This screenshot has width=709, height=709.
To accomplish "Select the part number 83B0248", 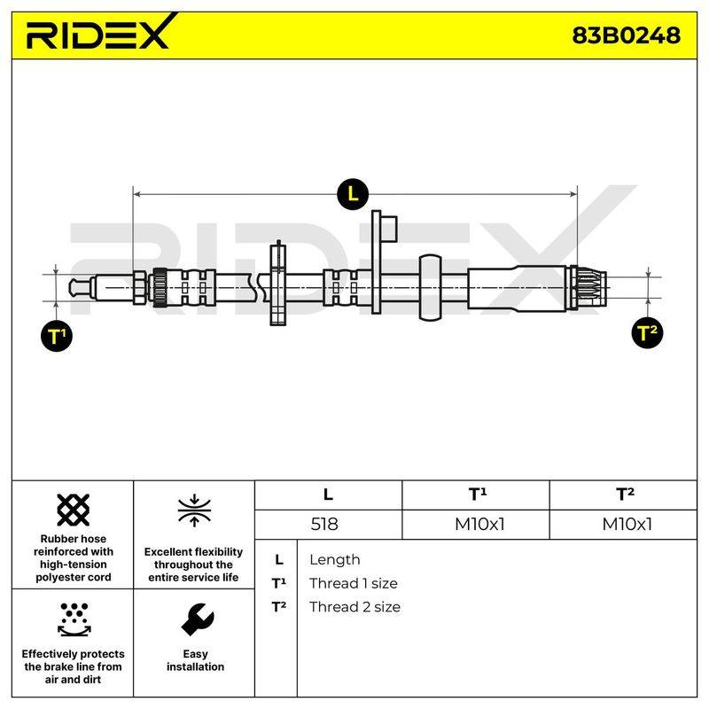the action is click(626, 35).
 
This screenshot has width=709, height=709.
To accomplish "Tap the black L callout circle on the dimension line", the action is click(353, 194).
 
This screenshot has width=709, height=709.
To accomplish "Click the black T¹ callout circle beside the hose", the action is click(57, 336).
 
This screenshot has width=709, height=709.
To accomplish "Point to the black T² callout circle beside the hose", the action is click(647, 333).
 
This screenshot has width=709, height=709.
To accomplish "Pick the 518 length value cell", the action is click(324, 524).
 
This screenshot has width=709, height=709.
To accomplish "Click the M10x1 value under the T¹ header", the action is click(479, 524).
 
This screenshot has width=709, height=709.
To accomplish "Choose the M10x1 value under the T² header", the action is click(627, 524).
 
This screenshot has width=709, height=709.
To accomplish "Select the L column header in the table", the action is click(328, 495).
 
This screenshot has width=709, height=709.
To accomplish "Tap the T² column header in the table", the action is click(625, 495).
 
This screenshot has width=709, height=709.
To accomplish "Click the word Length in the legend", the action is click(335, 560).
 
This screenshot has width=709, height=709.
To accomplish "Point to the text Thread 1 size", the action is click(353, 583).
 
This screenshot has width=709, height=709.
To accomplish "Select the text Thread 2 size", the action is click(354, 607).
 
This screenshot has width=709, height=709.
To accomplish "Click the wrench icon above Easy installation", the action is click(197, 619).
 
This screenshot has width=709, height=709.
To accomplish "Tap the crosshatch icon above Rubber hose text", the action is click(74, 510).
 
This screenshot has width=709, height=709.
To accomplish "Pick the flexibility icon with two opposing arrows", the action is click(194, 510).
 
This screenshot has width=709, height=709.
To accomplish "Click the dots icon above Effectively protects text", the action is click(74, 619).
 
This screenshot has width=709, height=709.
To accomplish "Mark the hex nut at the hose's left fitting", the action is click(139, 287).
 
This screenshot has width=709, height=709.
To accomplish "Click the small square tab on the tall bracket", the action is click(389, 229).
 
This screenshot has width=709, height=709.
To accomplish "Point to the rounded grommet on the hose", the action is click(430, 287).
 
